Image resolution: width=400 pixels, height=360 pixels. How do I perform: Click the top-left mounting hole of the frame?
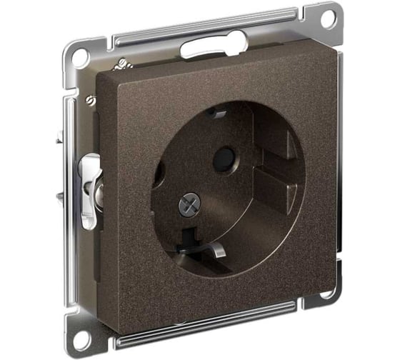(x=78, y=56)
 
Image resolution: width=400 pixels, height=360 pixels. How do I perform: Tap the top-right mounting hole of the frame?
(x=327, y=20)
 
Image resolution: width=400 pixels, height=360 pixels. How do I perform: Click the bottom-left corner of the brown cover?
(x=107, y=321)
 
